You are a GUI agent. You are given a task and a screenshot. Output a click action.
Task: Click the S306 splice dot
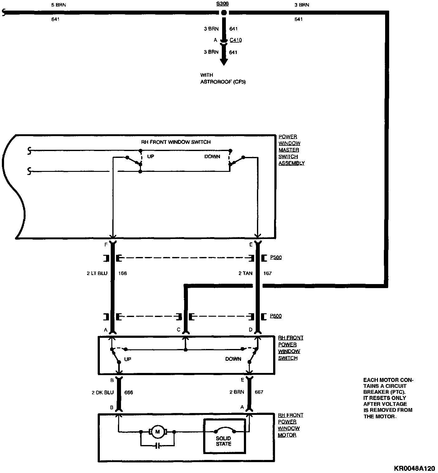223,13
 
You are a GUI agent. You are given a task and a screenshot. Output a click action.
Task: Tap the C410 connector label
235,40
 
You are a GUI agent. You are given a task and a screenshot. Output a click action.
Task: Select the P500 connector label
276,257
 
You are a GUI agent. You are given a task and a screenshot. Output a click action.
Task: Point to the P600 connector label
276,316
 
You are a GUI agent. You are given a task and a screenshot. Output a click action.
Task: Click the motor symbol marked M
157,431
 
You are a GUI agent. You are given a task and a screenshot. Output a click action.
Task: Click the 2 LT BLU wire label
97,273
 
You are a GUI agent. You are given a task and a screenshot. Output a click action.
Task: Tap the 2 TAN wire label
246,273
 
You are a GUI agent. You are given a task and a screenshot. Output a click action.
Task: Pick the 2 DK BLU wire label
103,393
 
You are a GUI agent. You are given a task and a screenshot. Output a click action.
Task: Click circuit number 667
259,392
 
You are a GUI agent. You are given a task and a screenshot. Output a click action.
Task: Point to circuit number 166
123,273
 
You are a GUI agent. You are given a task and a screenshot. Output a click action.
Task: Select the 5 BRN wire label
58,5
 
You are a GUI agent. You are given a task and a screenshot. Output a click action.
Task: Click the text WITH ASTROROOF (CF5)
223,79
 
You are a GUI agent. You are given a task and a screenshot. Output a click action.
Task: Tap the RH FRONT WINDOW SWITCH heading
176,142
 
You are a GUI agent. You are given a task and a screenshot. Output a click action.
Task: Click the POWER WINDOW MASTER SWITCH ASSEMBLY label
291,150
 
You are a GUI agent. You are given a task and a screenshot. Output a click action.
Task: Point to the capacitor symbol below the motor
158,446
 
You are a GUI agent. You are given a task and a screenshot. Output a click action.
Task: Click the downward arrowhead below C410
223,62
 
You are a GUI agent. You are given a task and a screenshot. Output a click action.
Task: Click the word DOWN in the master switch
212,157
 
